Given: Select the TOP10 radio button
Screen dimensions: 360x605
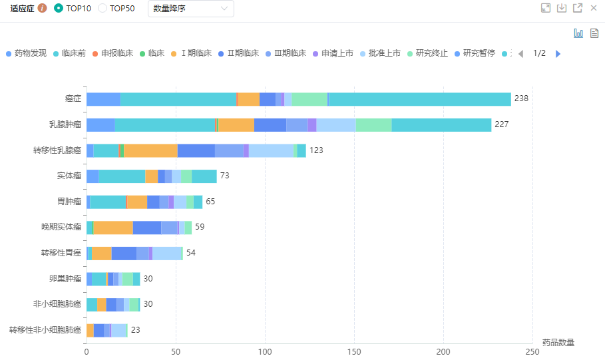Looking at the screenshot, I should (59, 8).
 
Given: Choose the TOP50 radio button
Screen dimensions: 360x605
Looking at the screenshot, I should (102, 8).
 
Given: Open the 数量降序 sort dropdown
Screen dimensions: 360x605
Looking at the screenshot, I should (190, 8).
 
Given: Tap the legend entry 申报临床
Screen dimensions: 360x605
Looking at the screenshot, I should (115, 53).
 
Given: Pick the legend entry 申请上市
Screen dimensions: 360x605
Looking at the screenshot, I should (337, 53).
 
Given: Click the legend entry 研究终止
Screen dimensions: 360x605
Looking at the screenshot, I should (431, 53).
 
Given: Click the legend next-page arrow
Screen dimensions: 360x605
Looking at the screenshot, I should (558, 53).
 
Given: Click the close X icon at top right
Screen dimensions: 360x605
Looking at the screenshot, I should (594, 8).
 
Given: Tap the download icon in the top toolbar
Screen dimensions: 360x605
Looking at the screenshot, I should (562, 8).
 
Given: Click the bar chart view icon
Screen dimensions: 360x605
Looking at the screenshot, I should (578, 33).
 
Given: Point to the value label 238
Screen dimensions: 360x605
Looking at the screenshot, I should (521, 99).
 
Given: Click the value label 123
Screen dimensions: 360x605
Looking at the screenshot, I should (316, 150).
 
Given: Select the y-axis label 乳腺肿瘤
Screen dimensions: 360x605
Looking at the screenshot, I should (65, 124).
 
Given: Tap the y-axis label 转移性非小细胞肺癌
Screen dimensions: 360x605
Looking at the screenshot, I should (45, 330).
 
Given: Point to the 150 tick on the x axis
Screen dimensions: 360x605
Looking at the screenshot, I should (354, 351).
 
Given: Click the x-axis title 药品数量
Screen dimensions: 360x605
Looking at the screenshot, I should (558, 342).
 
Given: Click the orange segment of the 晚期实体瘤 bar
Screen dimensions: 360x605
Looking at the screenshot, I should (113, 228).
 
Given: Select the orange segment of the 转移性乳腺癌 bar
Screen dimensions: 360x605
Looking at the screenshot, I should (150, 150).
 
